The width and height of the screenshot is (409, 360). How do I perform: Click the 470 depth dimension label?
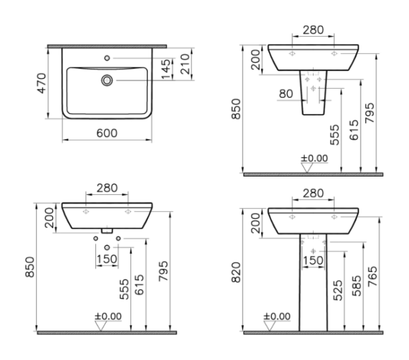coord(42,83)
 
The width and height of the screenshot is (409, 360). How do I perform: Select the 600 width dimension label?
coord(107,134)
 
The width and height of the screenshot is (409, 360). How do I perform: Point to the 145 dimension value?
coord(166,69)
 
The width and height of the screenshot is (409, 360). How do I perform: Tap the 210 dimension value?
coord(185,64)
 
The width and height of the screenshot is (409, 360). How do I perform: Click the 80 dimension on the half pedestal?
coord(286,93)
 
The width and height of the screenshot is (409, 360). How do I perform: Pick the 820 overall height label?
coord(236,272)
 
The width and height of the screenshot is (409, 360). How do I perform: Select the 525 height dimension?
coord(338,290)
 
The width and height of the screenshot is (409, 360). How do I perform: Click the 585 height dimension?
coord(357,286)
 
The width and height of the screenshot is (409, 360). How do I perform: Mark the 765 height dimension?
coord(372,276)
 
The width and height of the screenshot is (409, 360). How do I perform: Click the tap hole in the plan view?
coord(107,58)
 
